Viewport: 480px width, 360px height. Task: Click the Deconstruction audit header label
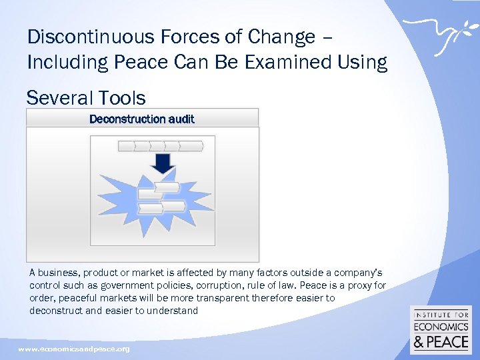point(142,119)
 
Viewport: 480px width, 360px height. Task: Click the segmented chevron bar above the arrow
point(160,146)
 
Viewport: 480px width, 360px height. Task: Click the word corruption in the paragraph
point(238,285)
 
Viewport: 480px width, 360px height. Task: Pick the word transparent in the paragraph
point(222,298)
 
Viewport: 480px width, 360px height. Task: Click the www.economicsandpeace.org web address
point(73,349)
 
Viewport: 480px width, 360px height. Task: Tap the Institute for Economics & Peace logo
point(441,330)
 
